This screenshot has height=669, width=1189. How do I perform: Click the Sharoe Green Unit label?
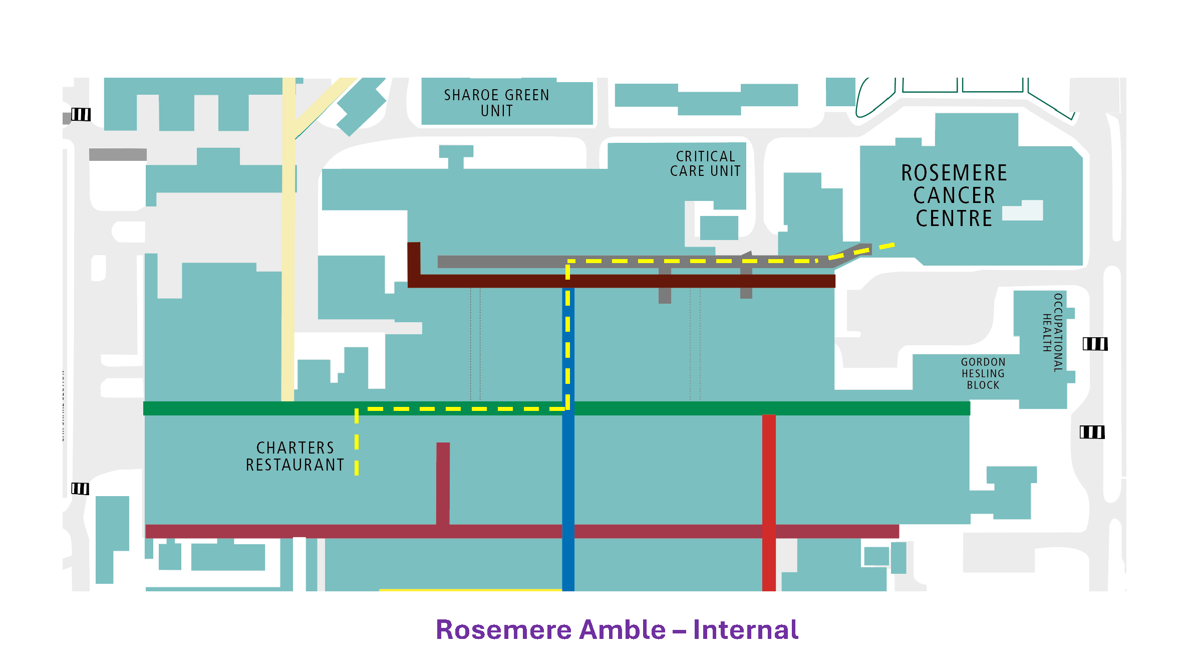point(496,103)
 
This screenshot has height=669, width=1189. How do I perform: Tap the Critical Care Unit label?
point(705,164)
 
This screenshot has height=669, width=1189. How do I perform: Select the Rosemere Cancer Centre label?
point(954,195)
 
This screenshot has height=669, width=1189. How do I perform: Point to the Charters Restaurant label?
point(295,456)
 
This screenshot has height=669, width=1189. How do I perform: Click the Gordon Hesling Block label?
point(983,373)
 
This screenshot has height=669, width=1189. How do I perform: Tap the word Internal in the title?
point(745,630)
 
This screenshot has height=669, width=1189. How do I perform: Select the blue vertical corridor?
point(568,476)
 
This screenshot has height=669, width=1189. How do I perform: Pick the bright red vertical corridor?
point(769,476)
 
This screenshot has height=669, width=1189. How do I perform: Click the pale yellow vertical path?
point(288,251)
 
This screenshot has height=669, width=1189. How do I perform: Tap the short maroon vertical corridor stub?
point(443,481)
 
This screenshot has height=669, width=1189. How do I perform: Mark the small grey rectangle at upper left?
point(118,154)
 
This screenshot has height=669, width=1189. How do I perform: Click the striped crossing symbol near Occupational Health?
point(1095,344)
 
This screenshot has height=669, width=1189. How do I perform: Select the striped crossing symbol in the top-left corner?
point(81,115)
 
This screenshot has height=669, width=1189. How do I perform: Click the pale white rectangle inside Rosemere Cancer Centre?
point(1024,211)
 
